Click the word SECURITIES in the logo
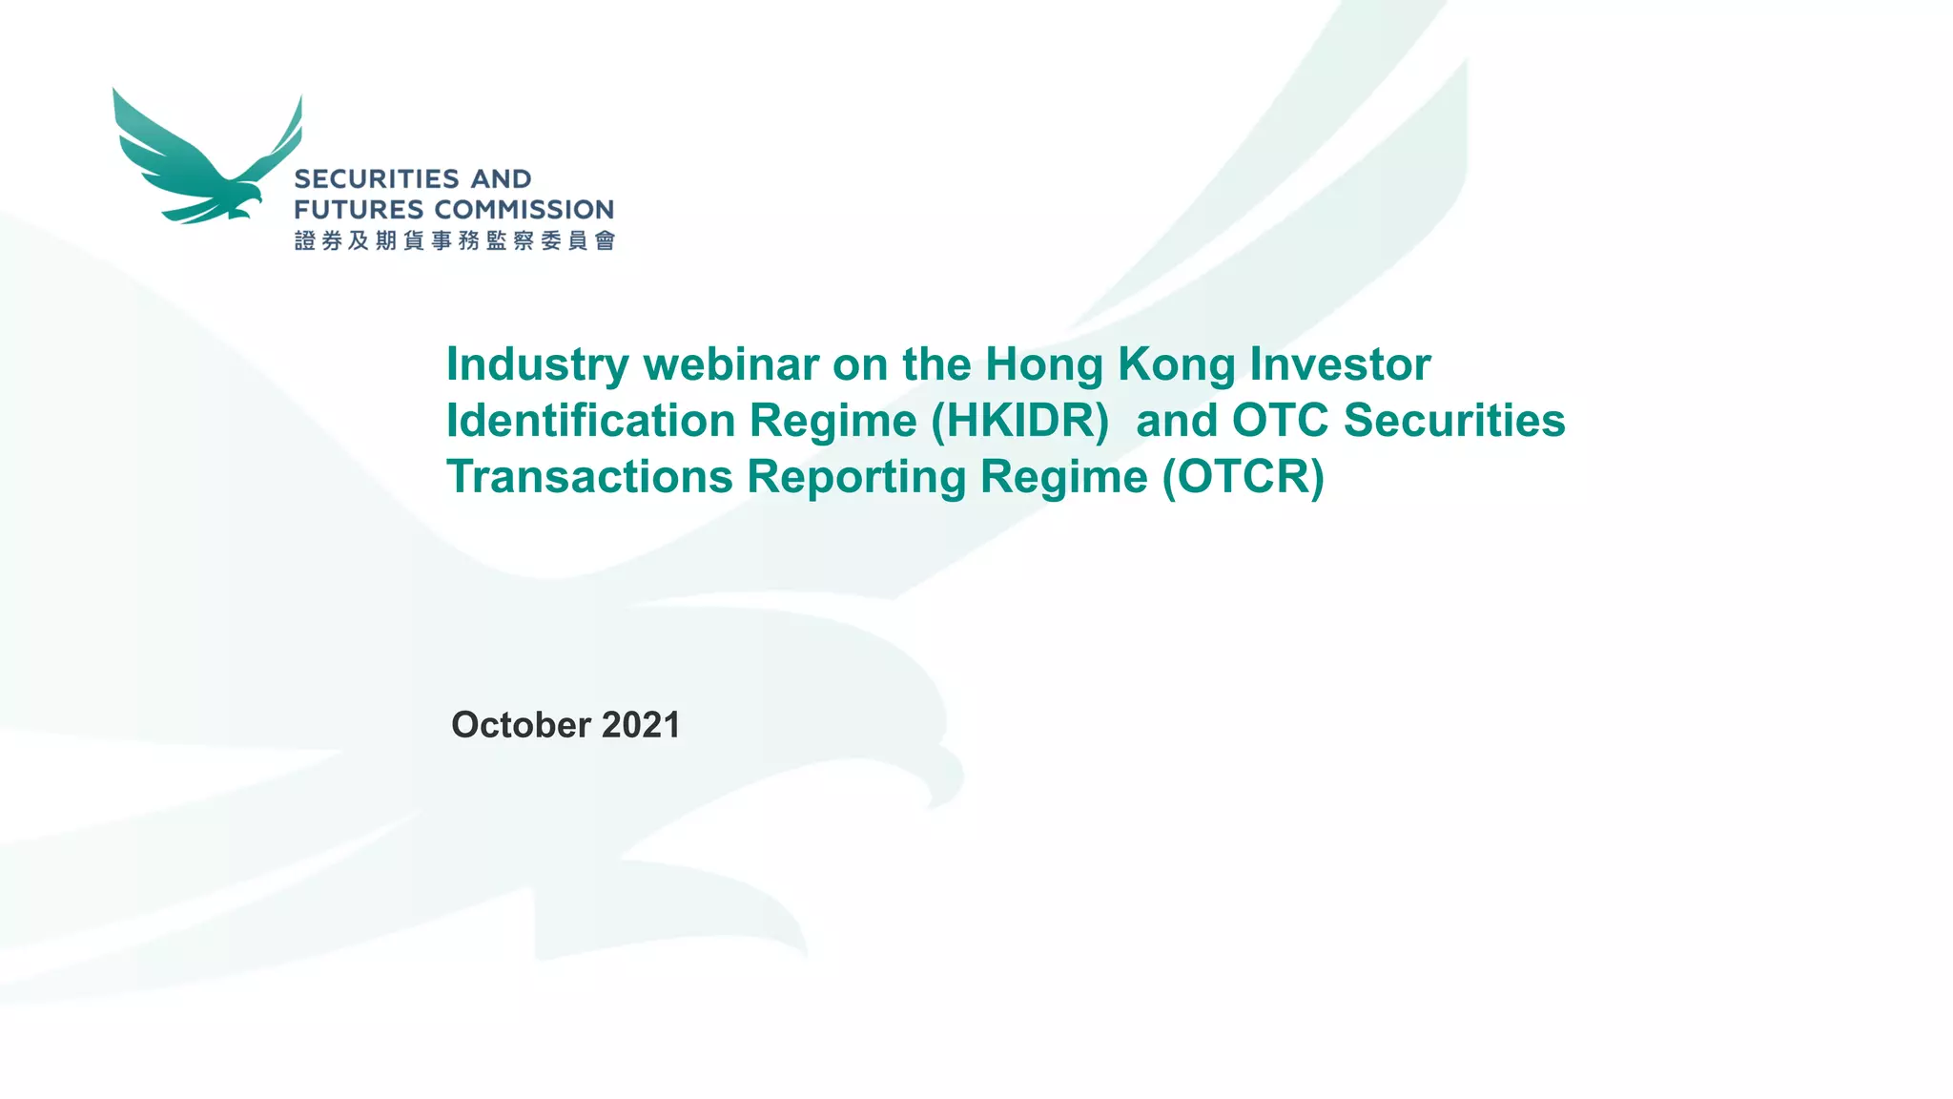point(377,179)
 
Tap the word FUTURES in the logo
point(359,210)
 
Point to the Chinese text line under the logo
point(455,240)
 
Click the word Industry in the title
point(538,365)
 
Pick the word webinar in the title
point(730,365)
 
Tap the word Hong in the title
point(1044,365)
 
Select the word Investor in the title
point(1340,365)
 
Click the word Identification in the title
point(590,421)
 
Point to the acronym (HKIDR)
point(1019,421)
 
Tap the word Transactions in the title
point(589,477)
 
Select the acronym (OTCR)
point(1243,477)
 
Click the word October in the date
point(521,725)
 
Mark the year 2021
point(641,725)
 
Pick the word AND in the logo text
point(501,179)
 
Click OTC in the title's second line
point(1281,421)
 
